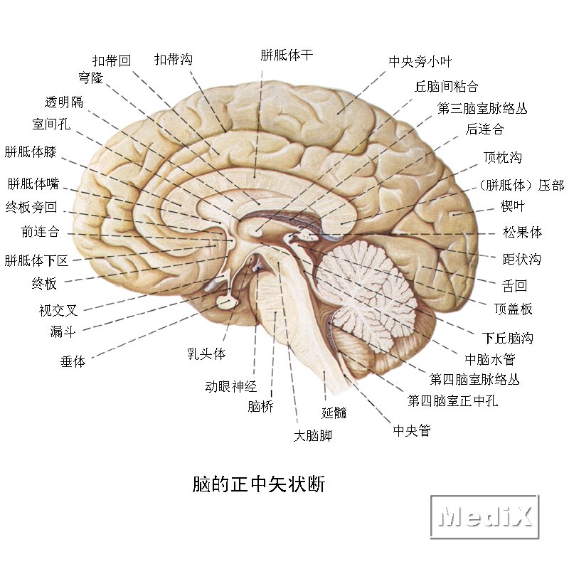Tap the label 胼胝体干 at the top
pyautogui.click(x=287, y=55)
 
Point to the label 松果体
pyautogui.click(x=522, y=232)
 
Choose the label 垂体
pyautogui.click(x=73, y=361)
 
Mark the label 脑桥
pyautogui.click(x=260, y=407)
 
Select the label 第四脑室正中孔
pyautogui.click(x=452, y=401)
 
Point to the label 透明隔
pyautogui.click(x=63, y=102)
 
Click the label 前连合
pyautogui.click(x=40, y=232)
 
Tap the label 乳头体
pyautogui.click(x=206, y=353)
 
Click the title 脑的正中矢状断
pyautogui.click(x=259, y=484)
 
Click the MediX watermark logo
pyautogui.click(x=484, y=516)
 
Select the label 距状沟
pyautogui.click(x=521, y=260)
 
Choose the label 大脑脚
pyautogui.click(x=313, y=435)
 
